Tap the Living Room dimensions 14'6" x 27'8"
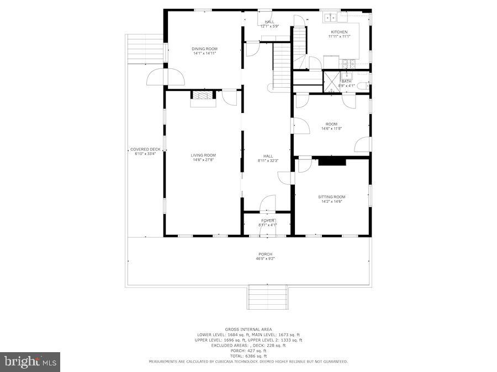[x=203, y=160]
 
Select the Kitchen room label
[x=339, y=32]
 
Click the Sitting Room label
[x=331, y=197]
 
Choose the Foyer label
[x=268, y=220]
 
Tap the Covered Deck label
[x=145, y=149]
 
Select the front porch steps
[x=268, y=298]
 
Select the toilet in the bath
[x=362, y=85]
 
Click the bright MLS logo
[x=31, y=362]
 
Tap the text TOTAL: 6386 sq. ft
[x=248, y=355]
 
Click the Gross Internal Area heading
[x=248, y=329]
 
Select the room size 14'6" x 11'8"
[x=331, y=129]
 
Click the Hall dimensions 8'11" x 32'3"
[x=268, y=160]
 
